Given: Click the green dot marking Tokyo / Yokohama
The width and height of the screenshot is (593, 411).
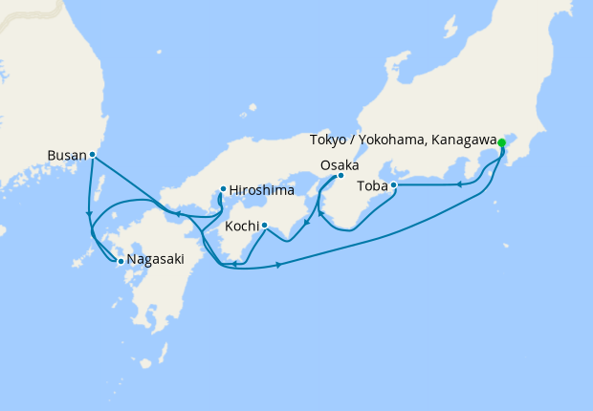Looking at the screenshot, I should [x=502, y=142].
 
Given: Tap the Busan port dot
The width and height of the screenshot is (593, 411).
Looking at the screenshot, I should [x=93, y=154].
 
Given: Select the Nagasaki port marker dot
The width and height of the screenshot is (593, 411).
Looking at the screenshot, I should [x=121, y=260].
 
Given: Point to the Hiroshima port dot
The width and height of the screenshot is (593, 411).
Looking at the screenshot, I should [x=223, y=188].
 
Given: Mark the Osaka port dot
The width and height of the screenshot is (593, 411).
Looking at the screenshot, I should [x=340, y=175].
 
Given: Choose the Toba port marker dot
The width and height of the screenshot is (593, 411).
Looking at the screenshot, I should [x=393, y=185].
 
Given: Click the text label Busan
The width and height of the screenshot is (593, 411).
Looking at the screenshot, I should [x=66, y=154].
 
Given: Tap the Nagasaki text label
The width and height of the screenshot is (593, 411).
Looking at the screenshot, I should [x=156, y=260].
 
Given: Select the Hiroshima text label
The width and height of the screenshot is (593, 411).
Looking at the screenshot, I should [x=260, y=189].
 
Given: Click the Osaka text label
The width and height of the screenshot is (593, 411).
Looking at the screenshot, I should [x=340, y=164].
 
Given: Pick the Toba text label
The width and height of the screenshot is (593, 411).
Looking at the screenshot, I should [x=371, y=185].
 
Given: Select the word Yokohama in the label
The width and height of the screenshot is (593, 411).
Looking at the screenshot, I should [x=390, y=141].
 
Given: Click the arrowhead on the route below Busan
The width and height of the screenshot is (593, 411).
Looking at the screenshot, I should [x=89, y=213].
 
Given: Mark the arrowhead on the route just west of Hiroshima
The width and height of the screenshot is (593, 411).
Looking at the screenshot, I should [x=179, y=212].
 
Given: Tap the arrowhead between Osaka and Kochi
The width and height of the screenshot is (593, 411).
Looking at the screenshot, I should [x=305, y=227].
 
